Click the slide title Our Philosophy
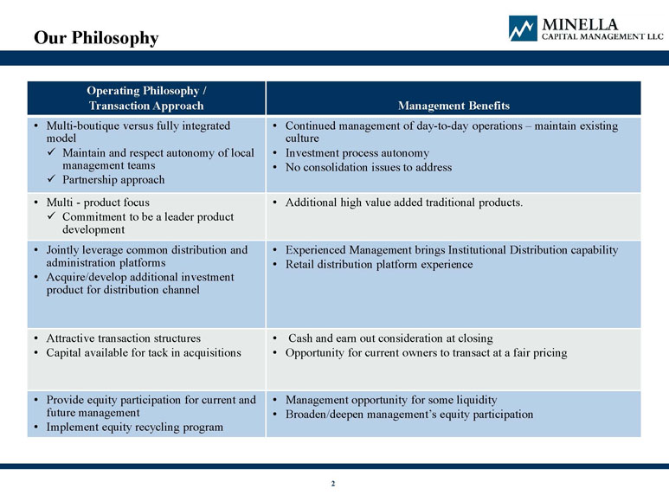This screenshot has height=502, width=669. tap(96, 38)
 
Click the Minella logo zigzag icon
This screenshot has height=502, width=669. tap(523, 29)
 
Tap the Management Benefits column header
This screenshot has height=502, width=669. tap(454, 106)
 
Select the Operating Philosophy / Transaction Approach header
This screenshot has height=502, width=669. tap(146, 98)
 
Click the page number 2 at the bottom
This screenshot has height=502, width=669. tap(333, 483)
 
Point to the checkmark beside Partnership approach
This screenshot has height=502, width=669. tap(52, 179)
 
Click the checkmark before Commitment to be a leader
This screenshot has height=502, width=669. tap(52, 216)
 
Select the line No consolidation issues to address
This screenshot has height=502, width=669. tap(369, 167)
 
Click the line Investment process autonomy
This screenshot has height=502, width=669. tap(357, 152)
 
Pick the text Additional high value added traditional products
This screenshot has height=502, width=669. tap(404, 203)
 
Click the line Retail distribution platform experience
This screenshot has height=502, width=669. tap(379, 265)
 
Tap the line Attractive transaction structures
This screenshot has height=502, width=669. tap(123, 338)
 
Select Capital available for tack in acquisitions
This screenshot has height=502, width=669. tap(144, 353)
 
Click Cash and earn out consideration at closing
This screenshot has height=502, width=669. tap(390, 338)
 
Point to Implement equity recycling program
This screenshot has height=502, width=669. tap(135, 427)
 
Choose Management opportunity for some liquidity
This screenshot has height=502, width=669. tap(391, 400)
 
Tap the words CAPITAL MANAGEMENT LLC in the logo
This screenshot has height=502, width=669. tap(602, 36)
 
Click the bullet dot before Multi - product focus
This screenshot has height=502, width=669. tap(36, 203)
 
